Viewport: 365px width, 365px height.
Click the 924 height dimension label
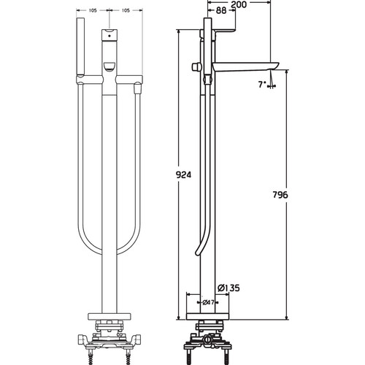(x=184, y=174)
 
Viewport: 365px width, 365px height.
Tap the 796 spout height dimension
(x=280, y=195)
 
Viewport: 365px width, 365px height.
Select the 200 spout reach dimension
(x=239, y=4)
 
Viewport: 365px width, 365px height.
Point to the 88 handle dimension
(x=221, y=10)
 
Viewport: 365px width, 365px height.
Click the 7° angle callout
(x=262, y=85)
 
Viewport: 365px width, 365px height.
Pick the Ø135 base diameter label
(x=228, y=288)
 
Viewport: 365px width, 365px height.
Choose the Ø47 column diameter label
(x=208, y=302)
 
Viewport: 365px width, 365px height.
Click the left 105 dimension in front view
(x=93, y=10)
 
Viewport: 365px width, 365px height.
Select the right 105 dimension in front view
(x=126, y=10)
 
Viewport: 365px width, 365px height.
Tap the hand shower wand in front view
(x=80, y=46)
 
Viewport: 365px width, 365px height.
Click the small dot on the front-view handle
(x=109, y=36)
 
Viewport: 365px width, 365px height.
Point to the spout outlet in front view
(x=109, y=66)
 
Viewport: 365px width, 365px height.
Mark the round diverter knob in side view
(x=196, y=67)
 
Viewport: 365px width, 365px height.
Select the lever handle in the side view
(x=225, y=31)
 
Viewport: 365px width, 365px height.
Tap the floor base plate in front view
(x=109, y=317)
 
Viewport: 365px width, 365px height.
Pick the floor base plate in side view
(x=207, y=317)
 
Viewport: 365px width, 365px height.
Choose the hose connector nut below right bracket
(x=138, y=88)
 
